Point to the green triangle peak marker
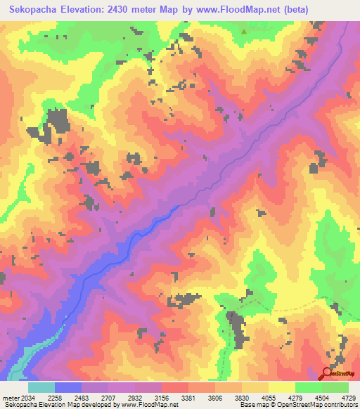[244, 31]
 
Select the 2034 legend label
[27, 398]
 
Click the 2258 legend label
[55, 398]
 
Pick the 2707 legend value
[108, 398]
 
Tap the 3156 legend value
[162, 398]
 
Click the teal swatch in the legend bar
[41, 387]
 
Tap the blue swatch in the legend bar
[68, 387]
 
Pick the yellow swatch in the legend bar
[282, 387]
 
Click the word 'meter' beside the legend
[9, 398]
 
